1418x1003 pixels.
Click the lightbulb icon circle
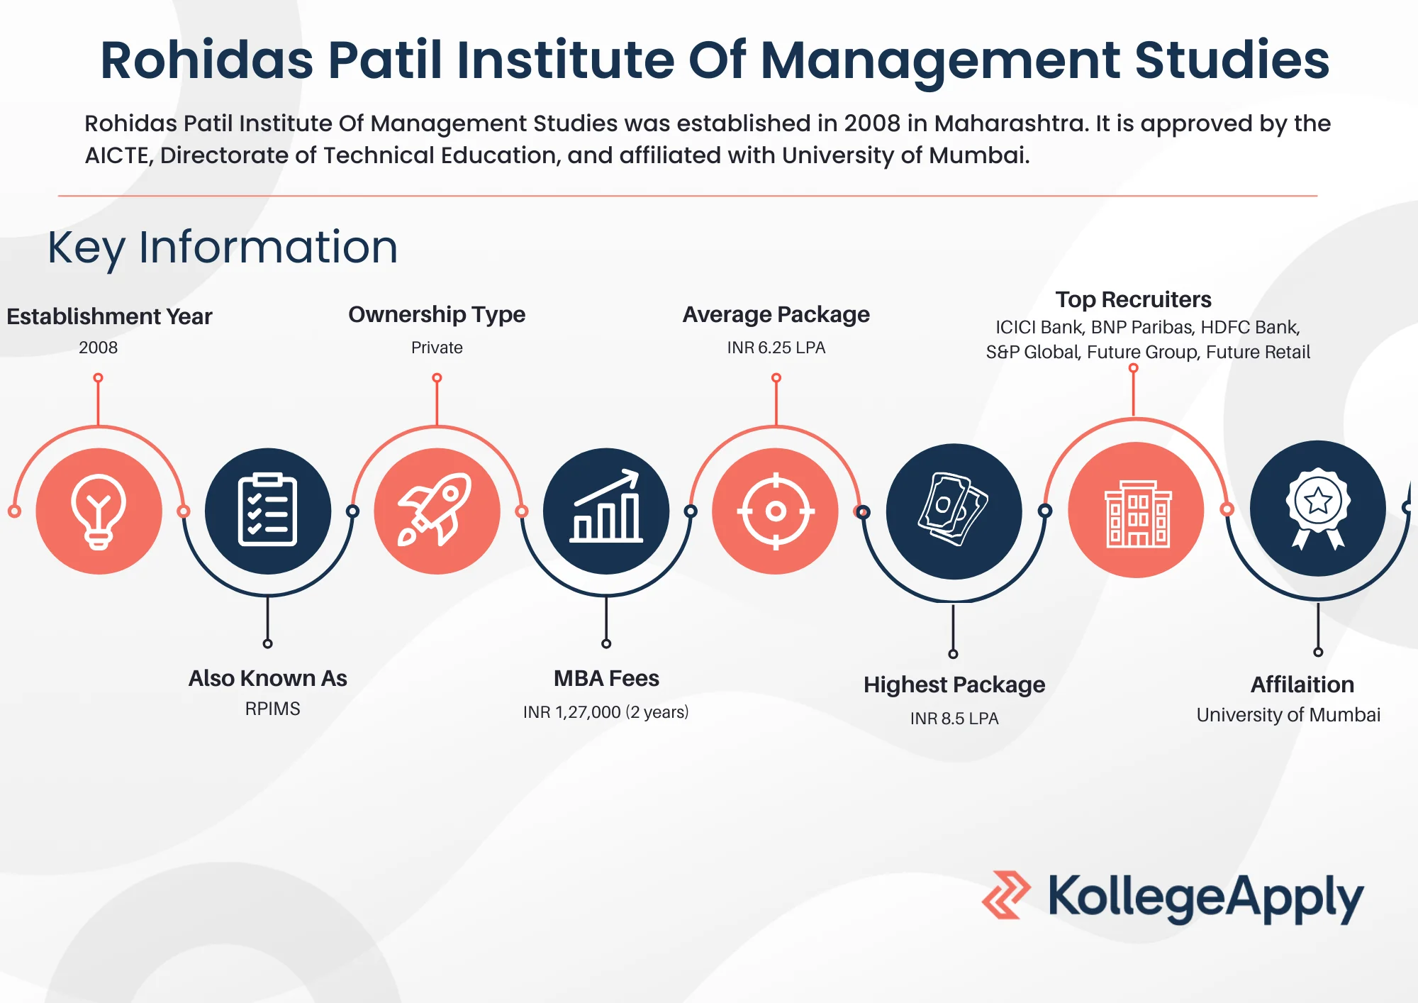click(99, 511)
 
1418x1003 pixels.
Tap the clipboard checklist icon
click(267, 511)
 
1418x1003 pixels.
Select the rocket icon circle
click(437, 511)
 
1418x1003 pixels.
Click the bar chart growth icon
click(606, 511)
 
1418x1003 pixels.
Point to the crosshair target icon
click(776, 511)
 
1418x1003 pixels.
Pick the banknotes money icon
click(954, 511)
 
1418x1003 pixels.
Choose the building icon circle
click(1136, 509)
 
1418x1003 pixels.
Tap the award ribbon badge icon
click(1318, 508)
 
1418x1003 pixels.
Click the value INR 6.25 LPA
click(776, 348)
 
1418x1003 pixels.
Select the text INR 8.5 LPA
click(954, 719)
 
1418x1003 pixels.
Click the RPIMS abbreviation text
click(272, 709)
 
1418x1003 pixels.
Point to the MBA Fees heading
click(606, 678)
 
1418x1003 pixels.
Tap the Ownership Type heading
click(437, 314)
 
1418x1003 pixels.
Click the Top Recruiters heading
click(1133, 299)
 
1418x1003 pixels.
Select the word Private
click(437, 348)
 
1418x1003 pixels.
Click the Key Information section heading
click(223, 248)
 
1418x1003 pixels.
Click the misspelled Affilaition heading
click(1302, 685)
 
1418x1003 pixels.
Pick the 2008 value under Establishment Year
click(99, 348)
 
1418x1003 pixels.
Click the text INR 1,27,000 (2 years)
click(606, 712)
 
